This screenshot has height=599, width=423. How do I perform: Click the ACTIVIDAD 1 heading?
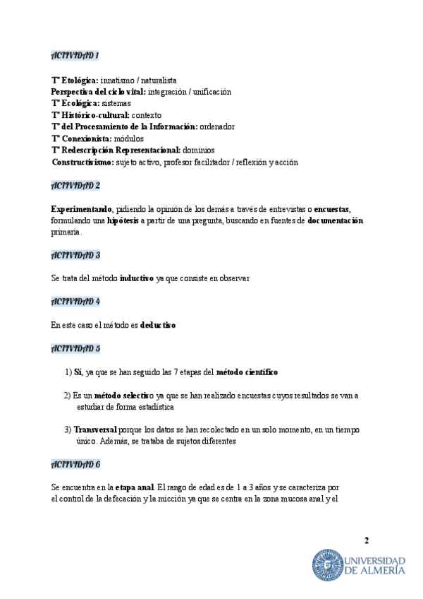[x=75, y=55]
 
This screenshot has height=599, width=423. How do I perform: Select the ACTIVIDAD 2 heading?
[x=75, y=185]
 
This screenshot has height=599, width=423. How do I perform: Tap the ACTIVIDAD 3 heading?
[x=75, y=254]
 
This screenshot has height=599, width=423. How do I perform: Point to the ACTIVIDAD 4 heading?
[x=75, y=301]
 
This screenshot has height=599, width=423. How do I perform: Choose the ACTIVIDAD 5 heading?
[x=75, y=348]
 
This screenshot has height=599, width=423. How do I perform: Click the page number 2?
[x=366, y=541]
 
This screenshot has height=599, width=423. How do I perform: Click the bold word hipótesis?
[x=123, y=220]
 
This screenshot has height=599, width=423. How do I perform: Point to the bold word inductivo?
[x=137, y=278]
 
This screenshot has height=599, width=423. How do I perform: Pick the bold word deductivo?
[x=158, y=325]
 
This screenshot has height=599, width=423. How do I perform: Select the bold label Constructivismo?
[x=82, y=162]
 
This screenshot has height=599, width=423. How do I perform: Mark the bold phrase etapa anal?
[x=135, y=487]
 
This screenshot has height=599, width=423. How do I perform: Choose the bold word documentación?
[x=336, y=220]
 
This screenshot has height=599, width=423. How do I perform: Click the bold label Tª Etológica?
[x=75, y=81]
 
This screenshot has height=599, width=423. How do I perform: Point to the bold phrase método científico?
[x=247, y=372]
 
